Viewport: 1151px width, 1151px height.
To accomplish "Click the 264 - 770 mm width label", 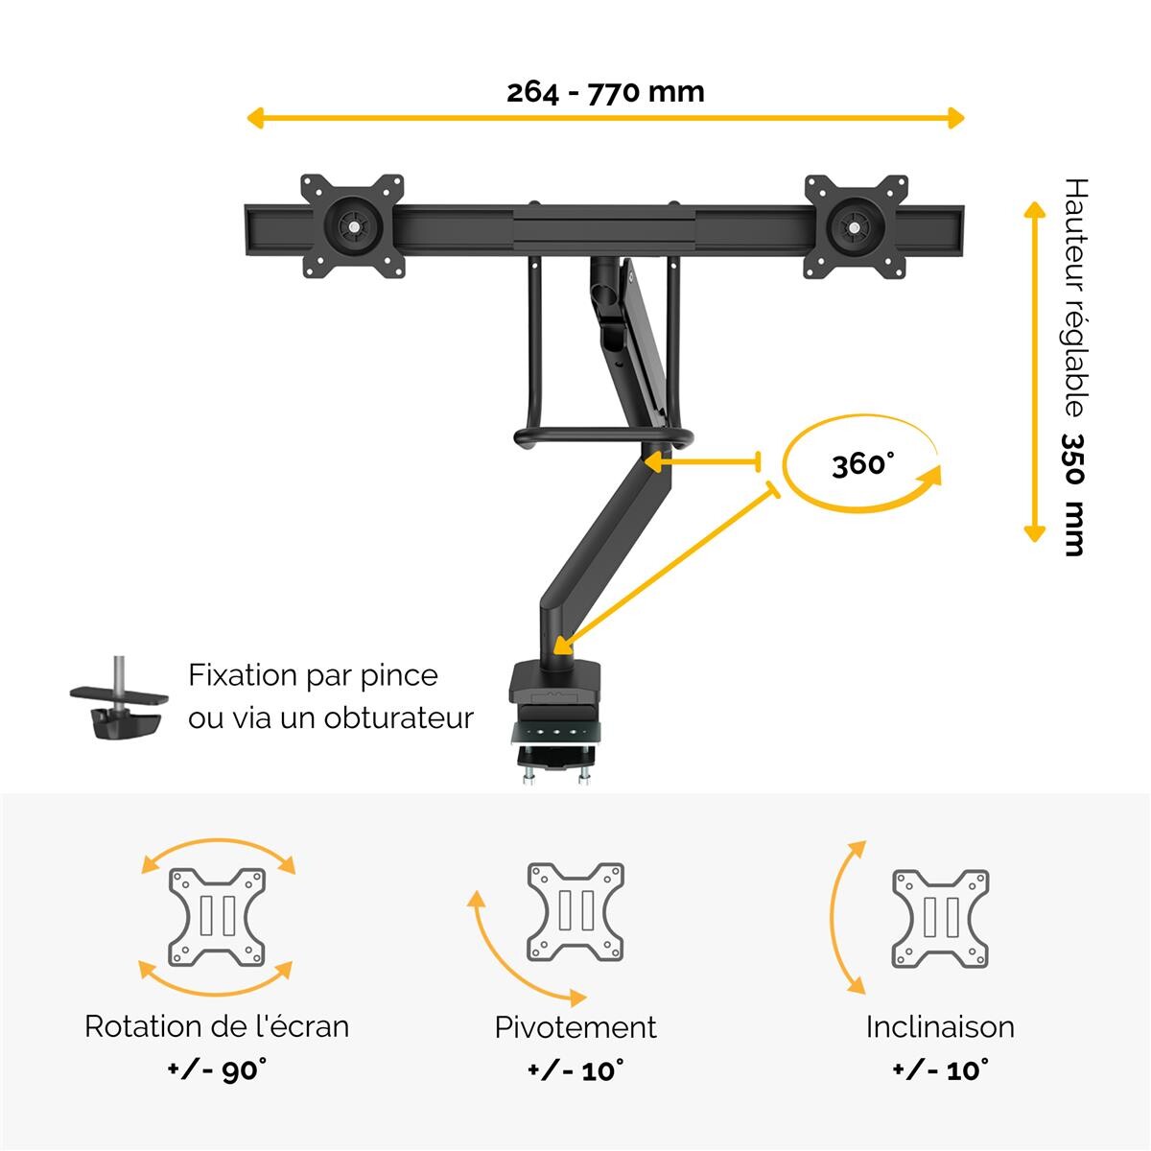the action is (x=605, y=93).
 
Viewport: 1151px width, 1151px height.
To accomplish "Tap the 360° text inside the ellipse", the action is (x=863, y=464).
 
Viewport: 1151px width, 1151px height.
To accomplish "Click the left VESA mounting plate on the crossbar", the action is (x=352, y=226).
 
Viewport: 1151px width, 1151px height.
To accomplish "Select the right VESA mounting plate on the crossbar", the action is (x=856, y=226).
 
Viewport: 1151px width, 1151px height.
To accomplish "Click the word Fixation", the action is (x=243, y=675).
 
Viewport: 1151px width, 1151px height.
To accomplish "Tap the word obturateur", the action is (x=398, y=717).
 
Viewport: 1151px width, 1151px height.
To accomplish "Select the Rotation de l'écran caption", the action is (x=217, y=1026).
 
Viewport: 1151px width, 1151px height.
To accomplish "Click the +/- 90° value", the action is (x=218, y=1069).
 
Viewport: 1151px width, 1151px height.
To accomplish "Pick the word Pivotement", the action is (x=575, y=1027).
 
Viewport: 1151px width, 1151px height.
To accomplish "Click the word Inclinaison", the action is (x=940, y=1027).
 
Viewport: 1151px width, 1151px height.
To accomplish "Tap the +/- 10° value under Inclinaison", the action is (x=941, y=1069).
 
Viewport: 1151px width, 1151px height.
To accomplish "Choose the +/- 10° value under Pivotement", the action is (x=576, y=1069).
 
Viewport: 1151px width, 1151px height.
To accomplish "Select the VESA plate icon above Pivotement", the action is (x=575, y=912).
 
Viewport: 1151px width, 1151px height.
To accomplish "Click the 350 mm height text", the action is (x=1073, y=495).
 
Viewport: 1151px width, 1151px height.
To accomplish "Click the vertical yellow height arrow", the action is (x=1034, y=371).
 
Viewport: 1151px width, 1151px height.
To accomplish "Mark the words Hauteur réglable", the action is (x=1075, y=296).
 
